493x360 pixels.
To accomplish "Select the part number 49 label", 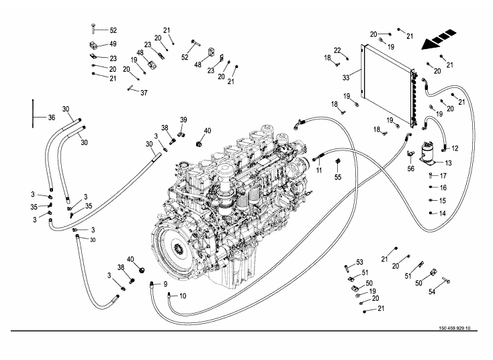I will click(113, 44).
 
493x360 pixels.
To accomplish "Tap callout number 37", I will click(143, 92).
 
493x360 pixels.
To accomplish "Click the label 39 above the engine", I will click(183, 120).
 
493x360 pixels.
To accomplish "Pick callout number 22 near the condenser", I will click(338, 50).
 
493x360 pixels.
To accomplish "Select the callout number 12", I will click(454, 148).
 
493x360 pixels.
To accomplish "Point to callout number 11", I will click(320, 171).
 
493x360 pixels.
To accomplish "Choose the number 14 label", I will click(443, 213).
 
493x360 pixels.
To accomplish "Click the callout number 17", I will click(443, 175).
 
